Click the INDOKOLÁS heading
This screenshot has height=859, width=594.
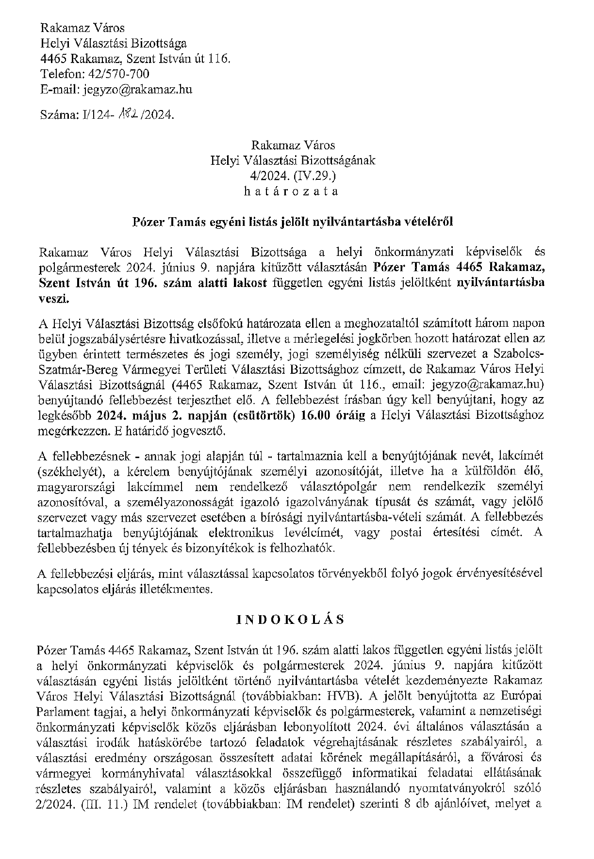click(x=291, y=620)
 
